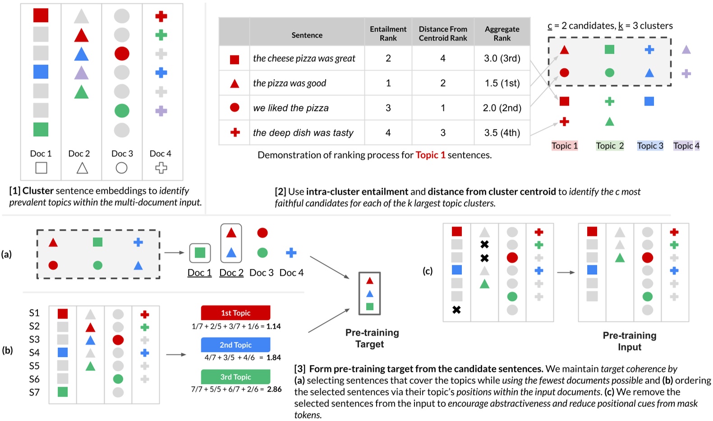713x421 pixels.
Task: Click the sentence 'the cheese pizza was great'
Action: tap(304, 58)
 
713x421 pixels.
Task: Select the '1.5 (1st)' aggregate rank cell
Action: tap(502, 83)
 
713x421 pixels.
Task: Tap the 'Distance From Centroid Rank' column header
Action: tap(443, 33)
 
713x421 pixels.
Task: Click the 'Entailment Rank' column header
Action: tap(388, 33)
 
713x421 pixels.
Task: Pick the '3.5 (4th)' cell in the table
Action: tap(502, 133)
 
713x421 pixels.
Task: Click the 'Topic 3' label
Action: tap(650, 146)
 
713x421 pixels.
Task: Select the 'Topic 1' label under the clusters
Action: tap(564, 146)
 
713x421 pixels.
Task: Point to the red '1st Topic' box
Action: tap(235, 313)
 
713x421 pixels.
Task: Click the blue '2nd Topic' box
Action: tap(235, 345)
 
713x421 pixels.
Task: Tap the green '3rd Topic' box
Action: tap(235, 377)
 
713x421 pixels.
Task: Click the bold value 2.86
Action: tap(274, 389)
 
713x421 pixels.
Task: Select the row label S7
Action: tap(34, 392)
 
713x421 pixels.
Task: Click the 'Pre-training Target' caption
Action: tap(372, 338)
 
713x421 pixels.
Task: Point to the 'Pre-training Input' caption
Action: tap(629, 341)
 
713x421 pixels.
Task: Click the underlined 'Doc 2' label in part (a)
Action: tap(231, 273)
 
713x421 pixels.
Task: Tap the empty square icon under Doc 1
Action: tap(41, 168)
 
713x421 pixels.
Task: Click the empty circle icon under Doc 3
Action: tap(121, 168)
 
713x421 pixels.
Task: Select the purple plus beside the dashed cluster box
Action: tap(686, 73)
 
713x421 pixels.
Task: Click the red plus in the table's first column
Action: tap(235, 132)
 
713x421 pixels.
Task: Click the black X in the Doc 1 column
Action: tap(456, 310)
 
